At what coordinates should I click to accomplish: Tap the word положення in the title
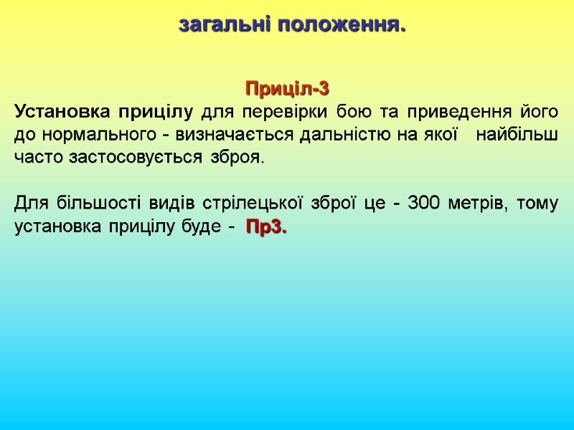[x=341, y=26]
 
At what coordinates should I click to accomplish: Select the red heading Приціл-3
[x=287, y=90]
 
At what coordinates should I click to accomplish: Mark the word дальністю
[x=344, y=135]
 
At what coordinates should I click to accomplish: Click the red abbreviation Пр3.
[x=266, y=226]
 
